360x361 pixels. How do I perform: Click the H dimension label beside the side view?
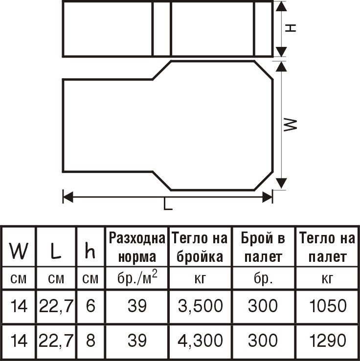click(x=291, y=28)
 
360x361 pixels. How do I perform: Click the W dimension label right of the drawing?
click(x=291, y=125)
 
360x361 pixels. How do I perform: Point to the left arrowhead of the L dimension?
click(x=68, y=197)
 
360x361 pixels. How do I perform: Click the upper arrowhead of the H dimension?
click(x=281, y=6)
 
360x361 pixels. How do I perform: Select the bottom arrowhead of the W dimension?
click(x=281, y=183)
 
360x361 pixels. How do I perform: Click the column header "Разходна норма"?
click(x=137, y=248)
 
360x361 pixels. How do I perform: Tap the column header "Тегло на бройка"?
click(x=200, y=248)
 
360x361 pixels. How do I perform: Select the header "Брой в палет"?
click(x=263, y=248)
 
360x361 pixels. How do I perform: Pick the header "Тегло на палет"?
click(x=327, y=248)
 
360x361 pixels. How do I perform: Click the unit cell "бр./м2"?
click(x=137, y=277)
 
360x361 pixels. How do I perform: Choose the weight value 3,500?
click(x=200, y=306)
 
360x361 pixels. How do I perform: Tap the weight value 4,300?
click(x=200, y=340)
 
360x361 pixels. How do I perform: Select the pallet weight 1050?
click(x=328, y=306)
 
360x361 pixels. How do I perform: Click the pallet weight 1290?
click(x=328, y=340)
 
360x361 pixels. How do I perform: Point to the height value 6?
click(x=90, y=306)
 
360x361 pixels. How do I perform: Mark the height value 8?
click(x=90, y=340)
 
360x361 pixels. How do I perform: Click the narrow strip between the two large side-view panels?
click(x=162, y=29)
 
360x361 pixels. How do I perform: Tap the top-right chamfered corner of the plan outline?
click(x=264, y=70)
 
